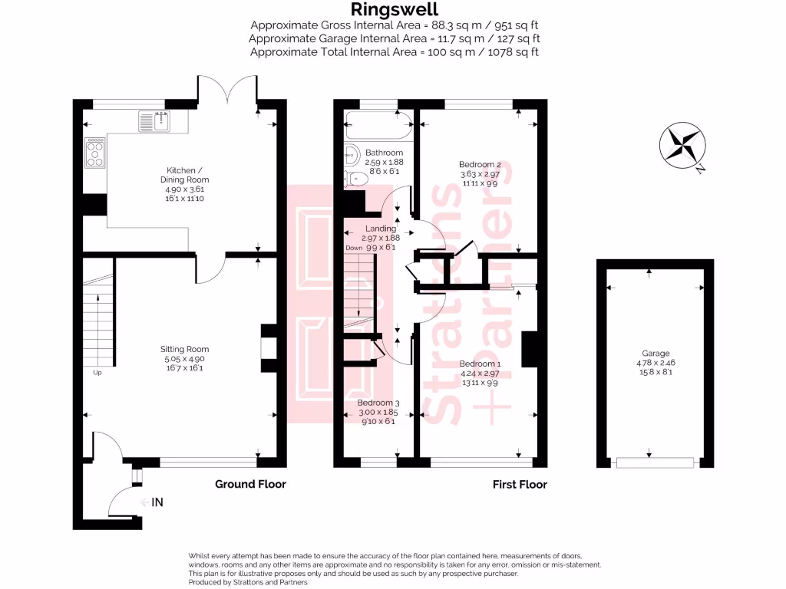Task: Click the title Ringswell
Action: (x=395, y=10)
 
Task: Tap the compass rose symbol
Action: (x=682, y=146)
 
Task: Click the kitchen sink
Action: (x=157, y=120)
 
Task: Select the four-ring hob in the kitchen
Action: (x=95, y=152)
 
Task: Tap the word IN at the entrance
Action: (x=157, y=503)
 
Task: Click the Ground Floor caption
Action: (x=250, y=484)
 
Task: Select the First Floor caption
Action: (x=519, y=485)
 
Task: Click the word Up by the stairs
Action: (x=97, y=373)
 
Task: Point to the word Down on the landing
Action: (x=354, y=248)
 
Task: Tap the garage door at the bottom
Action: (x=656, y=462)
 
